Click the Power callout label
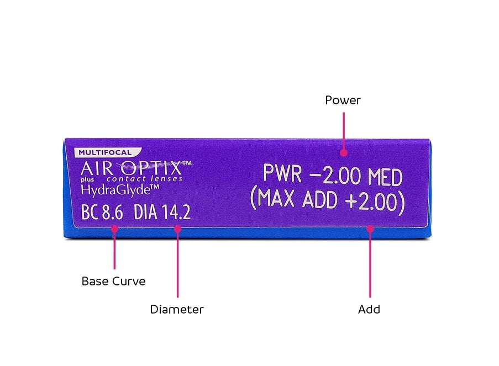coord(343,100)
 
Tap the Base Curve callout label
coord(113,281)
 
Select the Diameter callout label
coord(177,310)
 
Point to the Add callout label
coord(369,310)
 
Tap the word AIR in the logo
coord(96,167)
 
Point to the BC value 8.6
coord(112,213)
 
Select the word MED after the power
coord(382,176)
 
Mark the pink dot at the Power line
coord(343,152)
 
